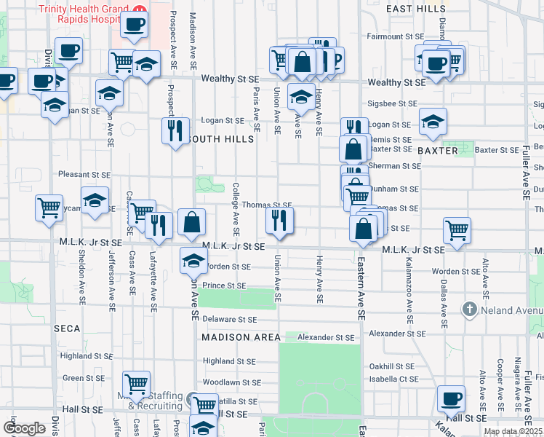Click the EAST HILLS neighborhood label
pos(416,8)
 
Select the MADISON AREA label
pos(241,337)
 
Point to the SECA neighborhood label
pos(67,328)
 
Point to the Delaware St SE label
pos(229,319)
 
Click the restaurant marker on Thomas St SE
pos(279,219)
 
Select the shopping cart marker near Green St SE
pos(136,383)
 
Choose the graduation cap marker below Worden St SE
pos(193,261)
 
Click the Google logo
pos(24,428)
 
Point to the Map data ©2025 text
pos(512,431)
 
